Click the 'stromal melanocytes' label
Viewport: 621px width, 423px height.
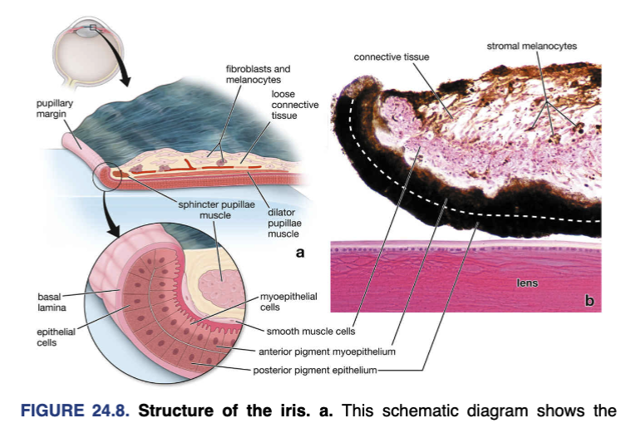[531, 46]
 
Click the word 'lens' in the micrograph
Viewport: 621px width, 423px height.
[527, 283]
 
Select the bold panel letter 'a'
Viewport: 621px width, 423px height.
[301, 252]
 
